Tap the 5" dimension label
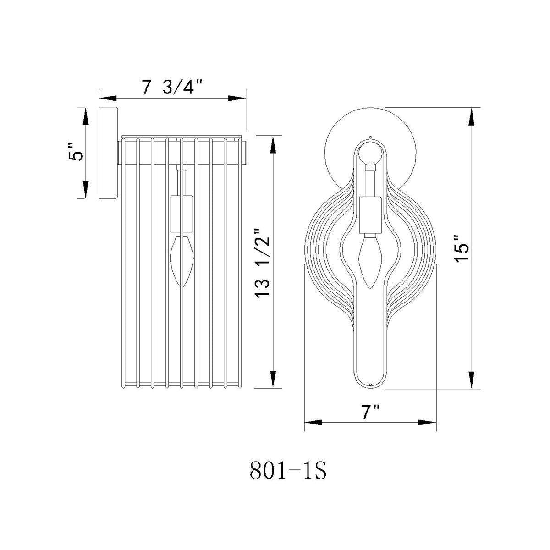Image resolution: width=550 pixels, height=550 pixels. pos(76,152)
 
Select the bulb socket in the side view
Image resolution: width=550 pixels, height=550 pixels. pos(181,214)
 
